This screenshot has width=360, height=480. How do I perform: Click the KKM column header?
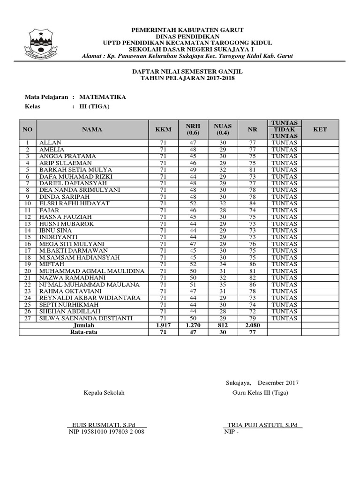point(163,129)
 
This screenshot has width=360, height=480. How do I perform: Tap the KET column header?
point(320,129)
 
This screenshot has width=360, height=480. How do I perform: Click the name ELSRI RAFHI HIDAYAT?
point(68,203)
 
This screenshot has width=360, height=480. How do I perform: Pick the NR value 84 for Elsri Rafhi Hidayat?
point(252,203)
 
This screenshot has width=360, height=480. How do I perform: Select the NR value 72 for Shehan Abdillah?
point(252,312)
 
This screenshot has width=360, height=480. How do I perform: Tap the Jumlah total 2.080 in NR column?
point(252,325)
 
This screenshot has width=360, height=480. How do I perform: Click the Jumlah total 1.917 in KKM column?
point(163,325)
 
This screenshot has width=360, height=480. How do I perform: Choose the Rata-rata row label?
point(83,332)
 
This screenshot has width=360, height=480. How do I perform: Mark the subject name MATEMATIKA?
point(102,97)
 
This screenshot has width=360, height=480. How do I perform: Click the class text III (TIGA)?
point(94,106)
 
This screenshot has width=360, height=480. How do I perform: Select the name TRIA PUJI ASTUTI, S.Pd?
point(262,425)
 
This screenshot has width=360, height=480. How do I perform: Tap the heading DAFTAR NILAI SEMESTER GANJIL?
point(187,71)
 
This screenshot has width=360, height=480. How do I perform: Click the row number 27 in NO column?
point(28,318)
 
